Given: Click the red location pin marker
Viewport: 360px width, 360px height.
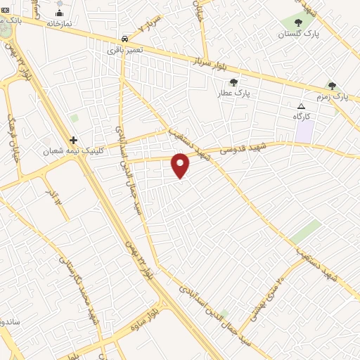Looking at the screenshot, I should click(x=181, y=165).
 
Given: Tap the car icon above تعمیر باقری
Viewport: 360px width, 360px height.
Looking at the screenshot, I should click(x=124, y=39).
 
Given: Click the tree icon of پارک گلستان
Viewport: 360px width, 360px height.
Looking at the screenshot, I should click(x=298, y=22).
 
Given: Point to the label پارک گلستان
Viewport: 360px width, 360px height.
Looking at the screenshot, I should click(x=297, y=34).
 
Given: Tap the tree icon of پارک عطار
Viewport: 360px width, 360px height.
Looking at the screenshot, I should click(x=233, y=82).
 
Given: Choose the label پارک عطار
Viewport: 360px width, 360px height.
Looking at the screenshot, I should click(x=233, y=93).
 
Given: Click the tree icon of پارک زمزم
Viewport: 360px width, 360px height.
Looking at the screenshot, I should click(x=332, y=85).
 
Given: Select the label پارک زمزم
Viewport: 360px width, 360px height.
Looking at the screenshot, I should click(x=331, y=96).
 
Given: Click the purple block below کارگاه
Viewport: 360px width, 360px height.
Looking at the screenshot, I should click(x=304, y=130).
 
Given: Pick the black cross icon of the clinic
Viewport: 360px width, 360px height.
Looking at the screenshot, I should click(x=73, y=140).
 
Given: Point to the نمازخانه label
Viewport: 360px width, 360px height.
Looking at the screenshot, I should click(x=60, y=23).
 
